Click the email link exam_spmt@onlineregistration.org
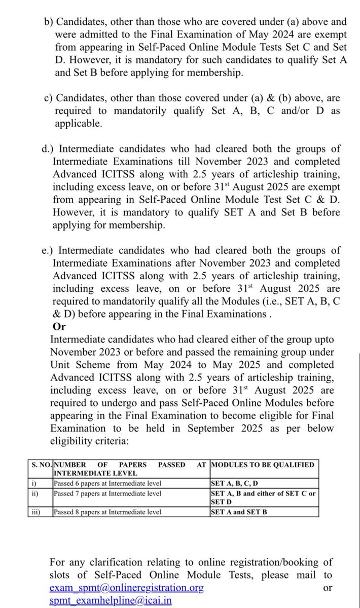pos(127,588)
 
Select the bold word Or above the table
pos(59,326)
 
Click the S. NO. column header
pos(40,465)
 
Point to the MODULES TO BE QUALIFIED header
pos(262,465)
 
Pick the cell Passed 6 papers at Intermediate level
pos(107,483)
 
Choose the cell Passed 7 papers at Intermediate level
pos(107,493)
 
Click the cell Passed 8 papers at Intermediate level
pos(107,512)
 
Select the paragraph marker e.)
pos(52,250)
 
